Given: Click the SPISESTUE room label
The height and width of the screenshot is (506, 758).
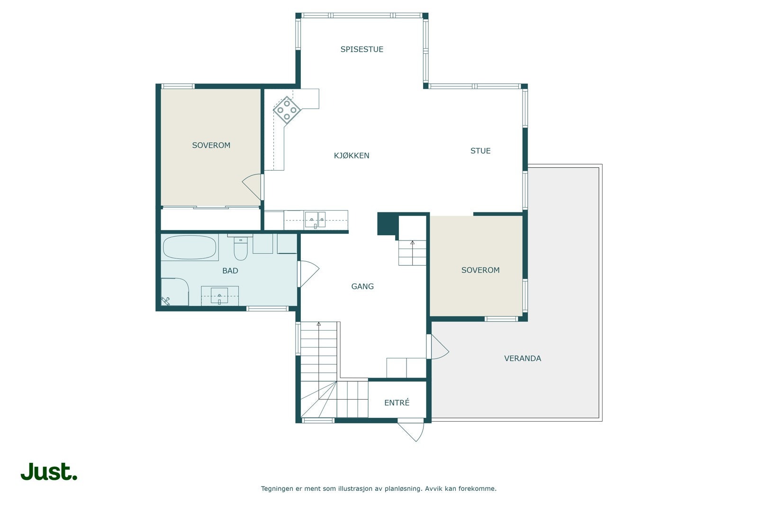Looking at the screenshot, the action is pyautogui.click(x=362, y=49).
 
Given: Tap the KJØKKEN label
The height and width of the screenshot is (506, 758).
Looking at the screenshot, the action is pyautogui.click(x=352, y=156).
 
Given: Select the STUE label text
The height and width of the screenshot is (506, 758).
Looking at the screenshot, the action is pyautogui.click(x=480, y=151).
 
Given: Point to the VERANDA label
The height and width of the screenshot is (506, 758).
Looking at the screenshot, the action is pyautogui.click(x=523, y=359).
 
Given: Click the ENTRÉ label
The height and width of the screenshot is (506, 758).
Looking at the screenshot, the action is pyautogui.click(x=397, y=402).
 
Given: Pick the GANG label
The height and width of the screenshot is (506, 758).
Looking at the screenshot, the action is pyautogui.click(x=362, y=286).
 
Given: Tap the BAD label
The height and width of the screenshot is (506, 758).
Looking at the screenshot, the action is pyautogui.click(x=230, y=271).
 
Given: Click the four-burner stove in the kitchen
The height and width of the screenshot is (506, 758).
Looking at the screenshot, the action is pyautogui.click(x=287, y=110).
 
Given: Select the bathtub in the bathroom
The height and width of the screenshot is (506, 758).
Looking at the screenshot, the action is pyautogui.click(x=189, y=247).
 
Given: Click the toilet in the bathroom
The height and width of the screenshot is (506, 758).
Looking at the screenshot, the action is pyautogui.click(x=241, y=248).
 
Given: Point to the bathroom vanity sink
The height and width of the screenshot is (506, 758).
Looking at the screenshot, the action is pyautogui.click(x=219, y=295).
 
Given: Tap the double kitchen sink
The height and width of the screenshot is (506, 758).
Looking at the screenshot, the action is pyautogui.click(x=315, y=220).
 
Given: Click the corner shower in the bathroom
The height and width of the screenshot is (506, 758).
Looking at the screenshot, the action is pyautogui.click(x=174, y=292).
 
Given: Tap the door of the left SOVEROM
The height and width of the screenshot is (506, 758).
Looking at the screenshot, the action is pyautogui.click(x=252, y=187).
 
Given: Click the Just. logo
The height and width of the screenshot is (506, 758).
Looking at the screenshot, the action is pyautogui.click(x=49, y=472).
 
